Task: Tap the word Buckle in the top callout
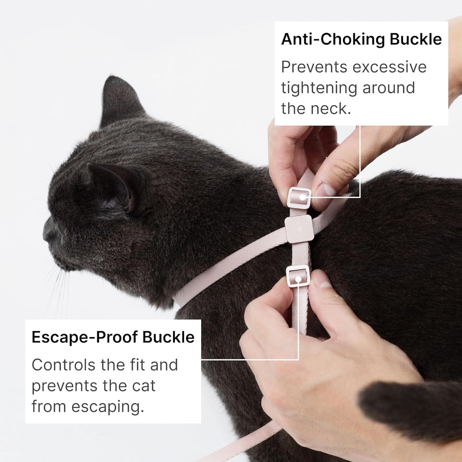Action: [x=416, y=40]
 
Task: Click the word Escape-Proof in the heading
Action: [x=84, y=337]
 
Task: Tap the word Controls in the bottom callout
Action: [x=63, y=365]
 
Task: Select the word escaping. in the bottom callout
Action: [x=108, y=407]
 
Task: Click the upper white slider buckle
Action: [x=299, y=198]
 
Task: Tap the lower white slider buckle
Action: [x=298, y=276]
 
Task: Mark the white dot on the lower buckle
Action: [x=298, y=279]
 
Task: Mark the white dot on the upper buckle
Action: [x=302, y=198]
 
